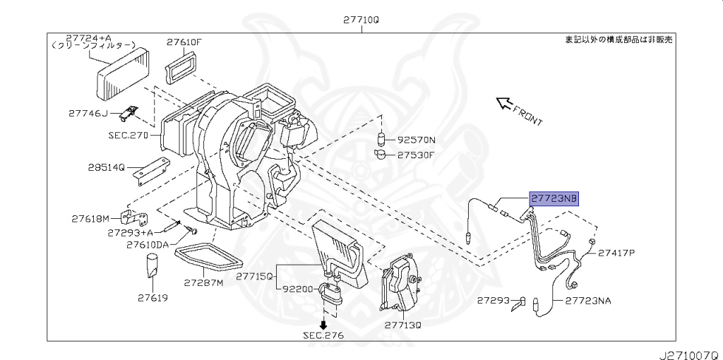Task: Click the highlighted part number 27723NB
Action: [553, 199]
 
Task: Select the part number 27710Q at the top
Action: [361, 20]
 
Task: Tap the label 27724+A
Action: [90, 37]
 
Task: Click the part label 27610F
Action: [184, 42]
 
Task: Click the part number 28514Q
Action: [106, 167]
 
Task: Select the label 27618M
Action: [90, 218]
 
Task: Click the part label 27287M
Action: [203, 282]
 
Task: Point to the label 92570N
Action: [417, 140]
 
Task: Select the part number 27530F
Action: [417, 154]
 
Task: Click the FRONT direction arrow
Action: [506, 105]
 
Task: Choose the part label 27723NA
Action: [588, 301]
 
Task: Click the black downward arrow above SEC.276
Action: [324, 325]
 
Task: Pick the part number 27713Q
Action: [402, 325]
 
